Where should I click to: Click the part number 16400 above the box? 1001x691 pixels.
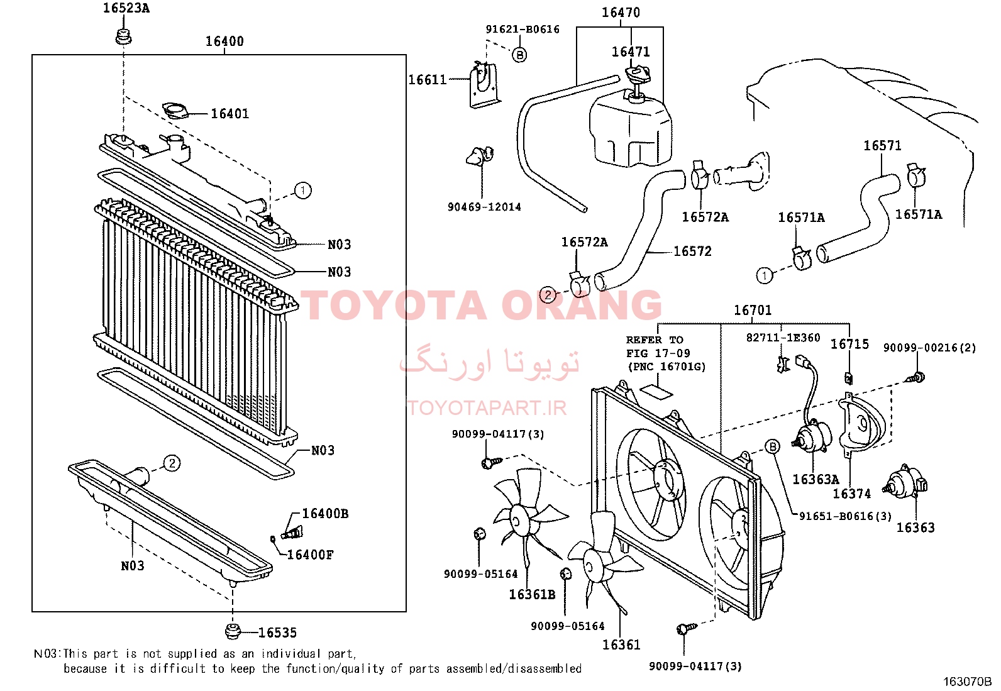click(x=224, y=41)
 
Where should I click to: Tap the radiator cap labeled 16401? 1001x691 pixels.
click(x=176, y=111)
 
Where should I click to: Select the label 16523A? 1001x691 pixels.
click(x=126, y=8)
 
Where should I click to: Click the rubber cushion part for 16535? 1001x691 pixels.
click(x=233, y=630)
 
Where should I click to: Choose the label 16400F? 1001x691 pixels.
click(x=310, y=555)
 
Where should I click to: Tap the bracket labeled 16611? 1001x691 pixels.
click(x=484, y=85)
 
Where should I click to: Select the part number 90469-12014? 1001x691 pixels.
click(x=484, y=207)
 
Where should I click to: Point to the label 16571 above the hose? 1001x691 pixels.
click(x=883, y=146)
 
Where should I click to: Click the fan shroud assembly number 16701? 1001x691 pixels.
click(x=753, y=310)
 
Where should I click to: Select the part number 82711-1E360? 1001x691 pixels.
click(x=783, y=338)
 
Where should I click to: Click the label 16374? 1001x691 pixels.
click(x=852, y=494)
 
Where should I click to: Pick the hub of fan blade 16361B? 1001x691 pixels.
click(x=517, y=521)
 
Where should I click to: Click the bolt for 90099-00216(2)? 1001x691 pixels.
click(x=915, y=378)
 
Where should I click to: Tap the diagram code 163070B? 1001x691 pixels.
click(x=968, y=682)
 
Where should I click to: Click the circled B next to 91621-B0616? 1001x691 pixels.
click(x=519, y=55)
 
